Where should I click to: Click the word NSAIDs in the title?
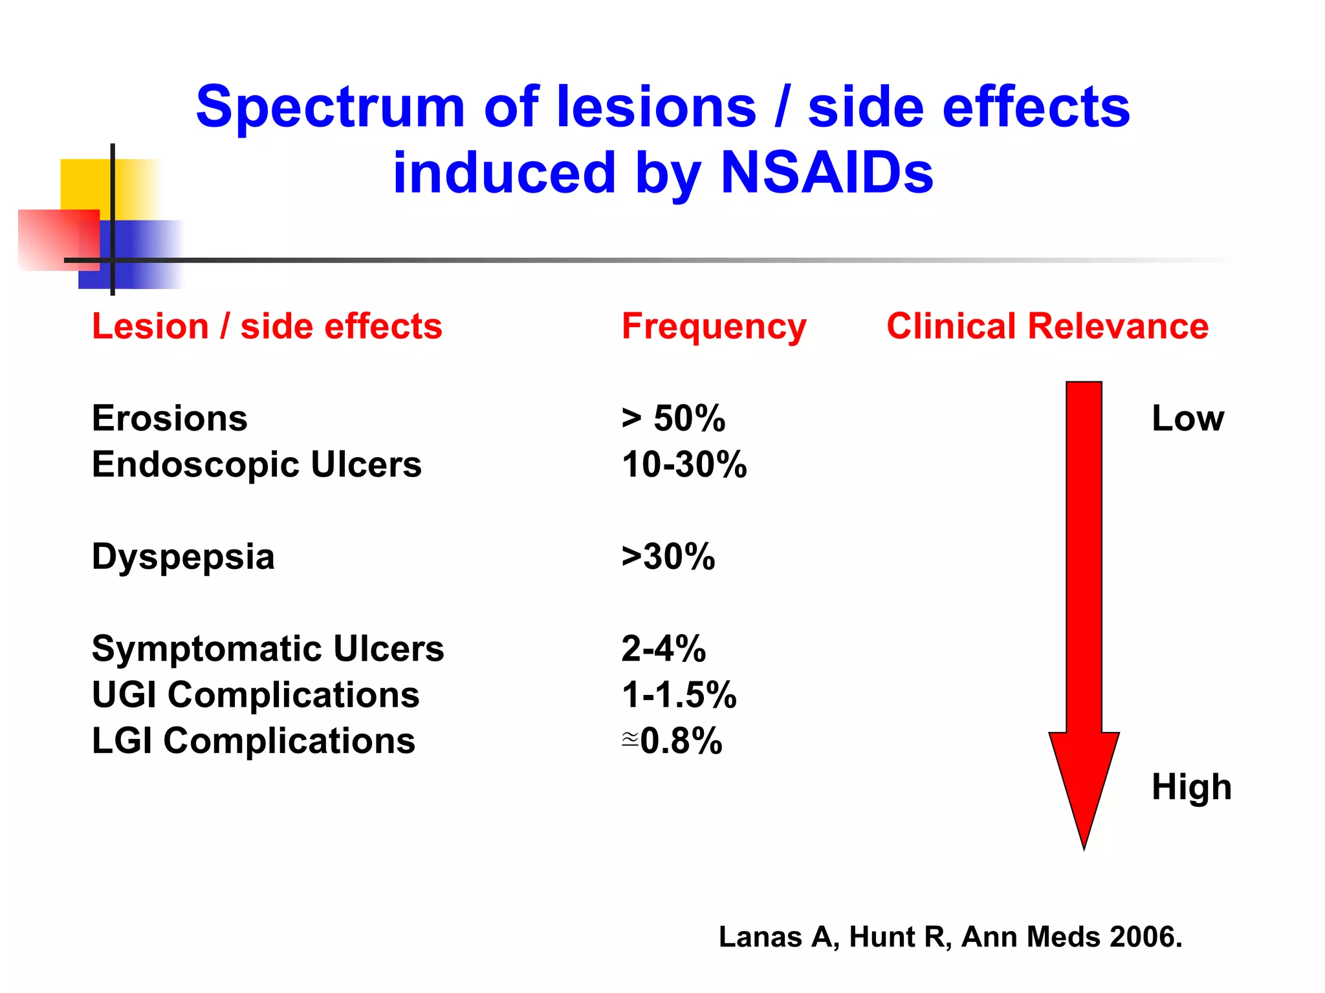click(826, 173)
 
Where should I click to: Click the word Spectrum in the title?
click(330, 107)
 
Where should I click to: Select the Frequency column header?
click(714, 326)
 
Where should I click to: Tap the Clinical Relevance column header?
click(1047, 326)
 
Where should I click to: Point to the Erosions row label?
click(170, 418)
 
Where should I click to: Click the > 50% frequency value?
click(673, 418)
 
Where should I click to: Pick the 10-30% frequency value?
click(684, 464)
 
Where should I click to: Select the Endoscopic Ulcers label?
click(256, 464)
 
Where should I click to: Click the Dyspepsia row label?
click(183, 557)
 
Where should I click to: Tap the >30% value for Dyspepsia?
click(668, 557)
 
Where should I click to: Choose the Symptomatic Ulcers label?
click(268, 648)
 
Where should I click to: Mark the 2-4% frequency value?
click(663, 648)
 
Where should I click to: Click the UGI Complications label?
click(256, 695)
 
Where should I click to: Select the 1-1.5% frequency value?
click(679, 695)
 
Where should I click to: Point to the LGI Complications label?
click(253, 741)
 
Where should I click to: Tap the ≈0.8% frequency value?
click(672, 741)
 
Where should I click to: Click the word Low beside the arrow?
click(1187, 418)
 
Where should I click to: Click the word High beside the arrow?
click(1191, 787)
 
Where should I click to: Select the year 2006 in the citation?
click(1144, 937)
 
